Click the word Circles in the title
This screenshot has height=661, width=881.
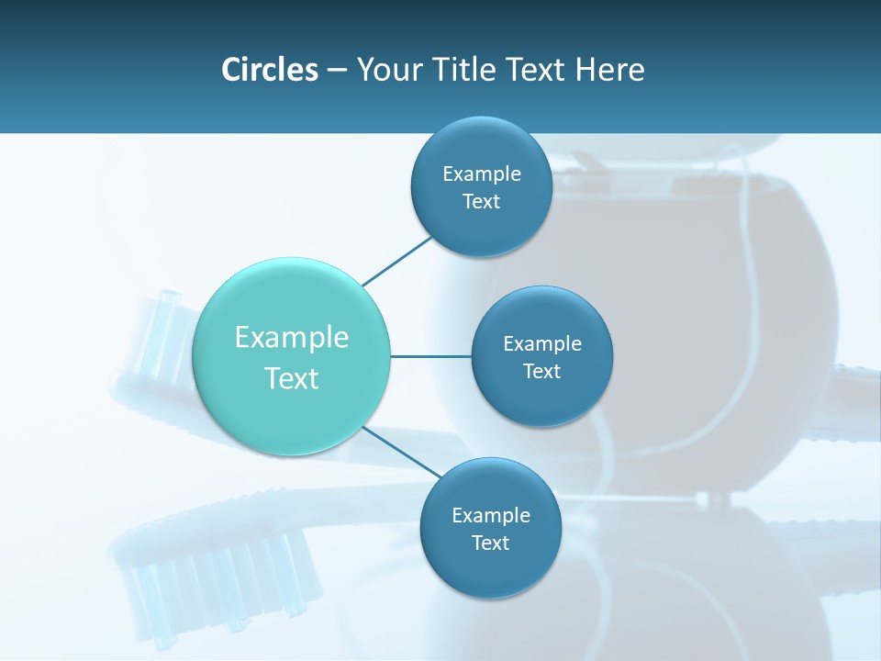(x=270, y=70)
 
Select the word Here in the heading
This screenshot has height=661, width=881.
(x=609, y=70)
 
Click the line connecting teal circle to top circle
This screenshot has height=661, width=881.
(x=397, y=261)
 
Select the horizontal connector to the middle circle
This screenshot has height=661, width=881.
(x=430, y=356)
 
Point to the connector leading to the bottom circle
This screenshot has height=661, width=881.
(x=401, y=452)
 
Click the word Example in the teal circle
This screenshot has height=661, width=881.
(x=292, y=338)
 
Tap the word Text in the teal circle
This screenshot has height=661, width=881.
(x=292, y=378)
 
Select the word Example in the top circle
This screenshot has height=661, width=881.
(x=481, y=174)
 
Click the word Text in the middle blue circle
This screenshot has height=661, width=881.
(x=541, y=371)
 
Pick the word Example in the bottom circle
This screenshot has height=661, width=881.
(x=490, y=515)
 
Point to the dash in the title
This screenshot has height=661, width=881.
(x=337, y=70)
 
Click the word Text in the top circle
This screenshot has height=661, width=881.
(x=481, y=201)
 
